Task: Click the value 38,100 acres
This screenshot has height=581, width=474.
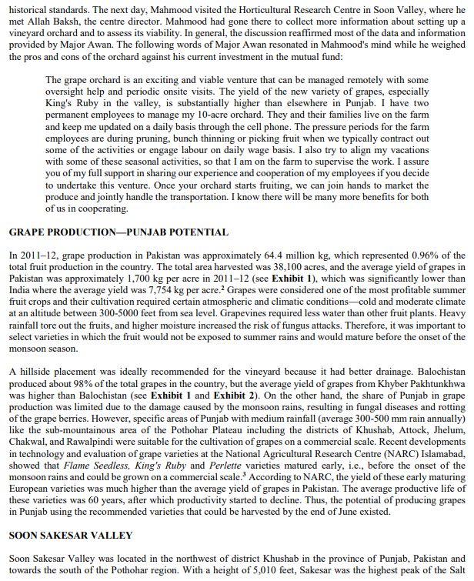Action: coord(302,266)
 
